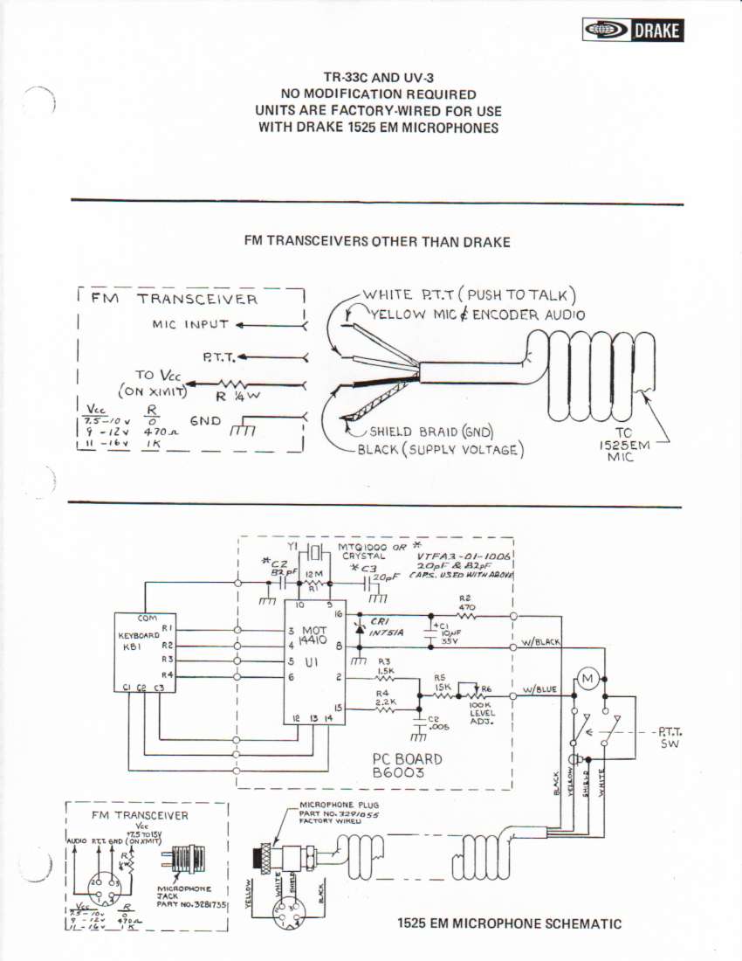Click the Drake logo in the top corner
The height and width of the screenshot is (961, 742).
[x=632, y=31]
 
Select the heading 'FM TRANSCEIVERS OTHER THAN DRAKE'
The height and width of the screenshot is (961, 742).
[x=377, y=242]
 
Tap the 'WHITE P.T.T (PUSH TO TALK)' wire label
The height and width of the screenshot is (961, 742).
[x=469, y=295]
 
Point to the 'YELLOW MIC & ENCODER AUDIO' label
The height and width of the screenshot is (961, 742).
[x=477, y=315]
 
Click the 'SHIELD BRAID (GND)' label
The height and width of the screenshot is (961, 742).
[x=431, y=432]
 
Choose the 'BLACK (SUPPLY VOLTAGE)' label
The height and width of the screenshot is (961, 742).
[x=440, y=450]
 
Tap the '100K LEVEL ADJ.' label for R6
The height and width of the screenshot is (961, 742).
[x=482, y=712]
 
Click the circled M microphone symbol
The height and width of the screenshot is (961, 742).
[x=587, y=679]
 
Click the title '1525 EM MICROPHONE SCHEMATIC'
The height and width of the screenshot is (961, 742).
[x=509, y=923]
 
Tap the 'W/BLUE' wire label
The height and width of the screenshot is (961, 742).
[x=539, y=690]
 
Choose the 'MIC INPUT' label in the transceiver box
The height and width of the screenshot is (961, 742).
[x=190, y=325]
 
